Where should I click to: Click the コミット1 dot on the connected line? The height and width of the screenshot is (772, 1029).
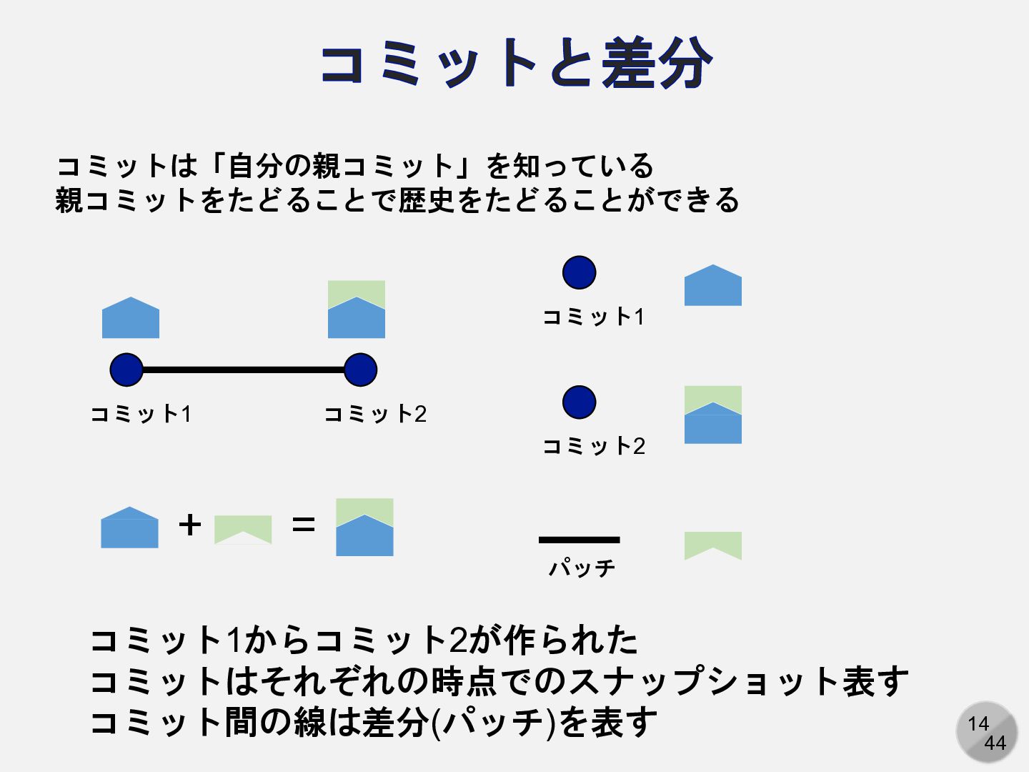126,370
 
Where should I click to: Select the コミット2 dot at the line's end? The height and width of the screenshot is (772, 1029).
360,370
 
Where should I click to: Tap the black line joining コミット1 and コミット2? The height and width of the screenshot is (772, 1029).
243,370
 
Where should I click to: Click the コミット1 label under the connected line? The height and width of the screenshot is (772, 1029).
141,414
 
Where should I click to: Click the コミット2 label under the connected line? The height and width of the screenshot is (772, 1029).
375,414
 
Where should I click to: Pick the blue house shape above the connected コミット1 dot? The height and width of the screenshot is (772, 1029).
131,319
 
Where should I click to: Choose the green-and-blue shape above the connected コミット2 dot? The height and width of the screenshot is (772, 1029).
357,310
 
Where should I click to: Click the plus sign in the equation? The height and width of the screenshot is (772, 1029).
190,525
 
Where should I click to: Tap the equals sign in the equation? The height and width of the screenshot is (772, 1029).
304,525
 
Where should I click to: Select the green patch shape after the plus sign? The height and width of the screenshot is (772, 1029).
243,529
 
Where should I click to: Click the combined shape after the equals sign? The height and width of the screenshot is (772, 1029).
364,528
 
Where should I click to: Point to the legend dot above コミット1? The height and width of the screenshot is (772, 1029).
579,272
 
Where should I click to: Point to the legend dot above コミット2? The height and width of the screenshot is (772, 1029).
579,402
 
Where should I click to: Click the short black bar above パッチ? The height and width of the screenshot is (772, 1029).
579,540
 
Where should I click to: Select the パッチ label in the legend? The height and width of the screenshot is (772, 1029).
582,568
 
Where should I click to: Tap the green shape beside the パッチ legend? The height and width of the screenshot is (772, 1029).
713,545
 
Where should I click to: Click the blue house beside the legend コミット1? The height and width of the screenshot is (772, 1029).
713,287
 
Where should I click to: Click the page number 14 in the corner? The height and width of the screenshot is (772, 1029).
978,723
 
